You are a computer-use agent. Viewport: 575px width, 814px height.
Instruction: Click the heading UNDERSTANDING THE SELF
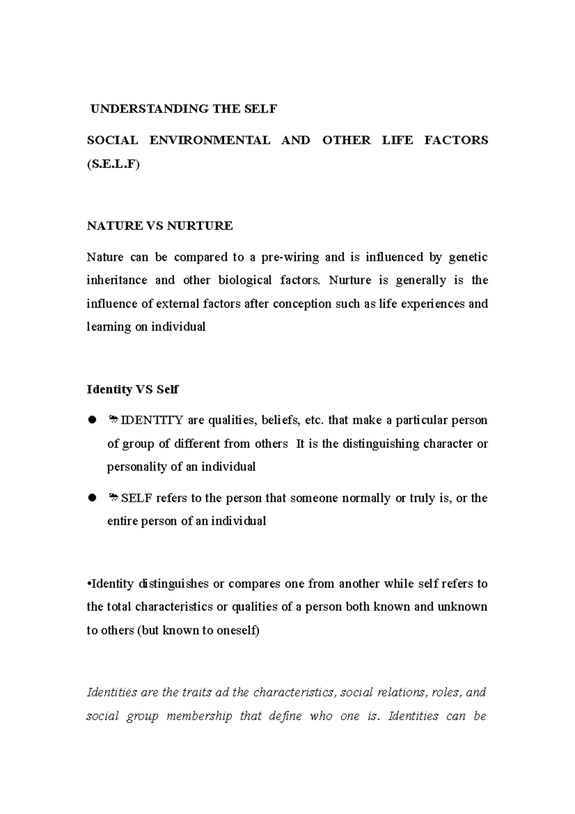pyautogui.click(x=184, y=109)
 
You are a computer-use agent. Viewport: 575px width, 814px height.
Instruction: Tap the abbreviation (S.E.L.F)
pyautogui.click(x=113, y=164)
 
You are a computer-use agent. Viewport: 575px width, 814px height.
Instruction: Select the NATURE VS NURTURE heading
pyautogui.click(x=160, y=226)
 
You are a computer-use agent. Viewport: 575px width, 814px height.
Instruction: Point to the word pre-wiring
pyautogui.click(x=290, y=257)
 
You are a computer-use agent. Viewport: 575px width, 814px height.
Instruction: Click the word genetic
pyautogui.click(x=468, y=257)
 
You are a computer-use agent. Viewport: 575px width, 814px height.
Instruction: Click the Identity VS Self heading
pyautogui.click(x=132, y=389)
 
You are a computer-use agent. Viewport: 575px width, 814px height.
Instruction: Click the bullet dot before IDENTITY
pyautogui.click(x=92, y=420)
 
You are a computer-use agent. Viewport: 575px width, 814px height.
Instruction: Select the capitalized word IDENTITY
pyautogui.click(x=152, y=420)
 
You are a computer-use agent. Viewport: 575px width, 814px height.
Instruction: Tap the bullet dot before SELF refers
pyautogui.click(x=92, y=499)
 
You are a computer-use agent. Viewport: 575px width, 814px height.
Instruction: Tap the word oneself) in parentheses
pyautogui.click(x=238, y=631)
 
